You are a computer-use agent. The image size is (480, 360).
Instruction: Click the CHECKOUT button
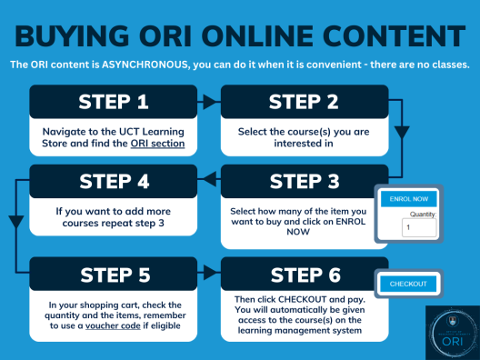[408, 285]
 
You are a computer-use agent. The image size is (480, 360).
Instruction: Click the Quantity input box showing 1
[419, 228]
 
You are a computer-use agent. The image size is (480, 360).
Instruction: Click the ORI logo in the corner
[451, 332]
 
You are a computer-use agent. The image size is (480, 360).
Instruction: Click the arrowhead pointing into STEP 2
[215, 102]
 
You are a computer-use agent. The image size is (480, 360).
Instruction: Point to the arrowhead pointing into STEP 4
[205, 180]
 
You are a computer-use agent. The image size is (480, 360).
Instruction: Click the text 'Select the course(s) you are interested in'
[305, 136]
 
